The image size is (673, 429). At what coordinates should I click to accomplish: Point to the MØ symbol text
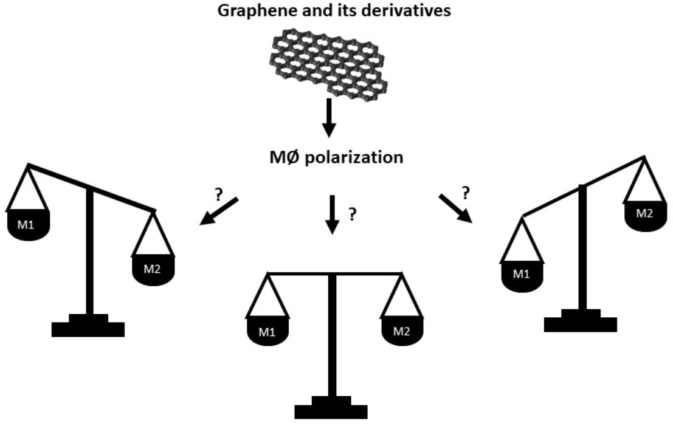point(281,157)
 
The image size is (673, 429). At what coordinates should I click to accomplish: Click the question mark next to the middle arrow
point(351,214)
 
